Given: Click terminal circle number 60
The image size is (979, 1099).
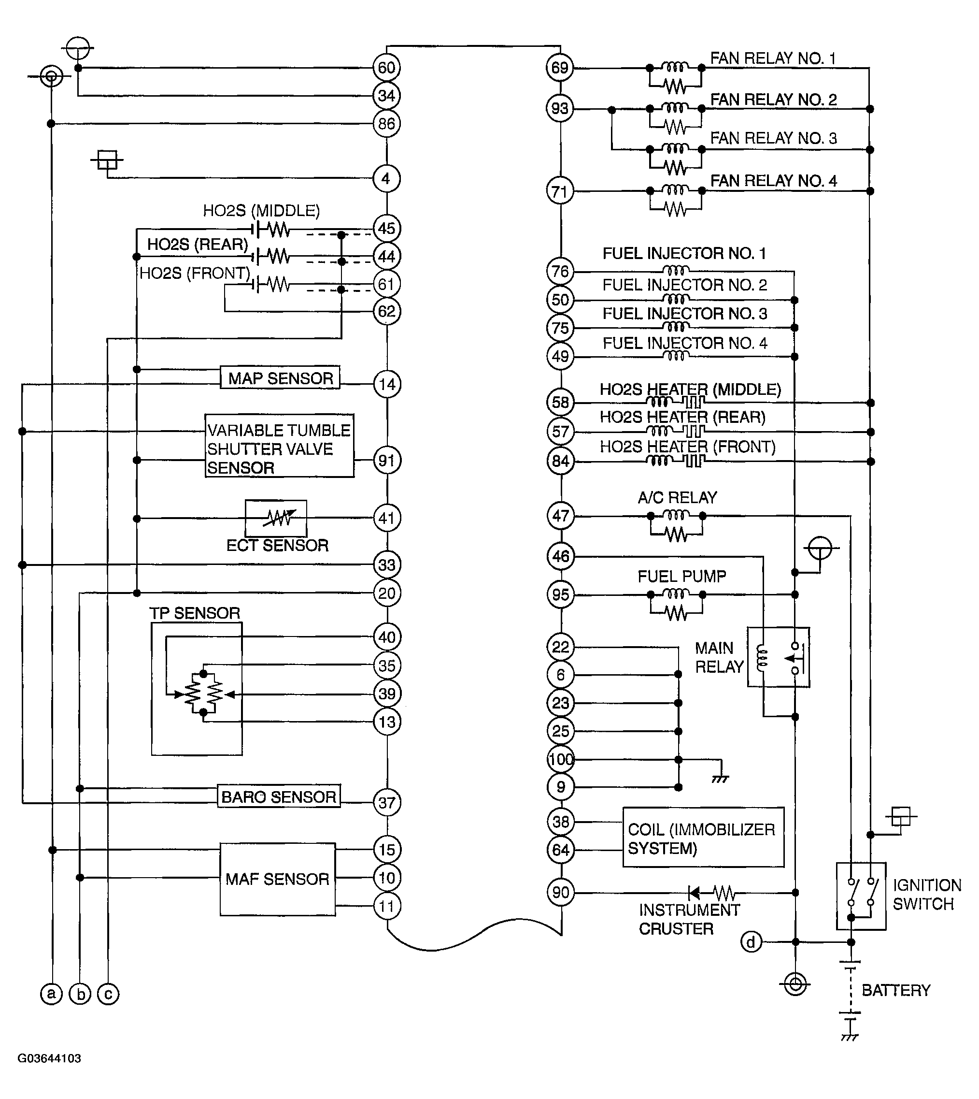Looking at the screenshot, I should pyautogui.click(x=386, y=68).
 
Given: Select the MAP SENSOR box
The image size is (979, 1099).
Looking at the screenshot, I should pyautogui.click(x=280, y=378).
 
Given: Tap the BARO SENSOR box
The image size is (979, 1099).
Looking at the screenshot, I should pyautogui.click(x=279, y=796).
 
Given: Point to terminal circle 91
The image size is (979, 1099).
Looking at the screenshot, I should pyautogui.click(x=387, y=461).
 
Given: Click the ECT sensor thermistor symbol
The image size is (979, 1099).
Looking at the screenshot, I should pyautogui.click(x=276, y=518).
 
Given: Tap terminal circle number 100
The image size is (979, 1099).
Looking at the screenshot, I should pyautogui.click(x=561, y=759).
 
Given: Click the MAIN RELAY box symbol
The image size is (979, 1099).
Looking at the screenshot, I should pyautogui.click(x=779, y=657).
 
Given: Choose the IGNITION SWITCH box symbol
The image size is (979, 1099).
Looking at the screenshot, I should pyautogui.click(x=861, y=896).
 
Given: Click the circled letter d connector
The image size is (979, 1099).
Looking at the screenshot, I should pyautogui.click(x=751, y=942).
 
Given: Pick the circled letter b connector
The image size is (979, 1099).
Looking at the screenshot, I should pyautogui.click(x=80, y=994).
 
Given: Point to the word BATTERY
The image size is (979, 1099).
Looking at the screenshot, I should pyautogui.click(x=895, y=990).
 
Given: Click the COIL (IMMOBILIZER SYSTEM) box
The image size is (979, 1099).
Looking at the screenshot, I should pyautogui.click(x=703, y=838).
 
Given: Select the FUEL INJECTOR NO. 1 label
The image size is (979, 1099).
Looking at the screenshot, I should pyautogui.click(x=684, y=254).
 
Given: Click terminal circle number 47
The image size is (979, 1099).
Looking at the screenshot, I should pyautogui.click(x=561, y=516).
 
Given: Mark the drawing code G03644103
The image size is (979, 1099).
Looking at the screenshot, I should pyautogui.click(x=49, y=1058).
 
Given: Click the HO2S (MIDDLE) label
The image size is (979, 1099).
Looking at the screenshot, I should pyautogui.click(x=261, y=210).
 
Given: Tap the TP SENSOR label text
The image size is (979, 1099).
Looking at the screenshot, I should pyautogui.click(x=194, y=613).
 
